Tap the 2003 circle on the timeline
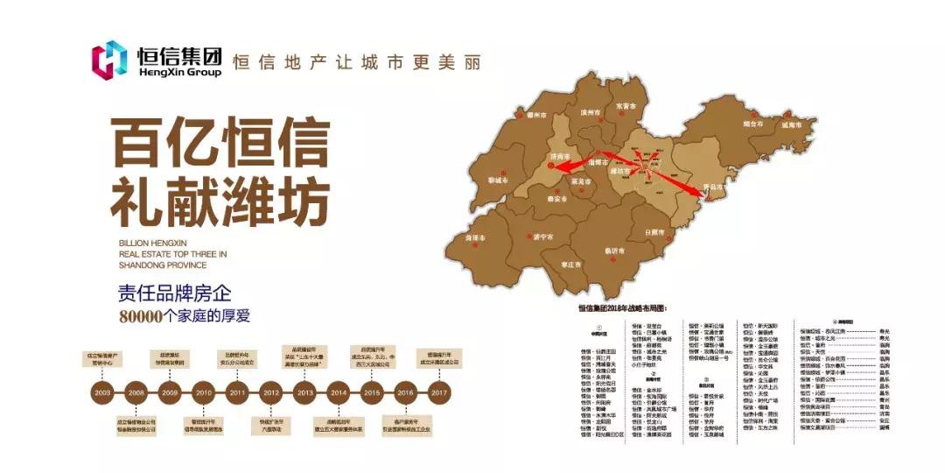pos(103,392)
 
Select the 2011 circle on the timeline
pos(238,392)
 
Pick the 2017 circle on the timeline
pos(440,392)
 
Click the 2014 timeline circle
pos(339,392)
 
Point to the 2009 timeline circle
pos(171,392)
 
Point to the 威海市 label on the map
pos(793,126)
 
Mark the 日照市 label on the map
pos(655,232)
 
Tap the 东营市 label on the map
pos(625,105)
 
